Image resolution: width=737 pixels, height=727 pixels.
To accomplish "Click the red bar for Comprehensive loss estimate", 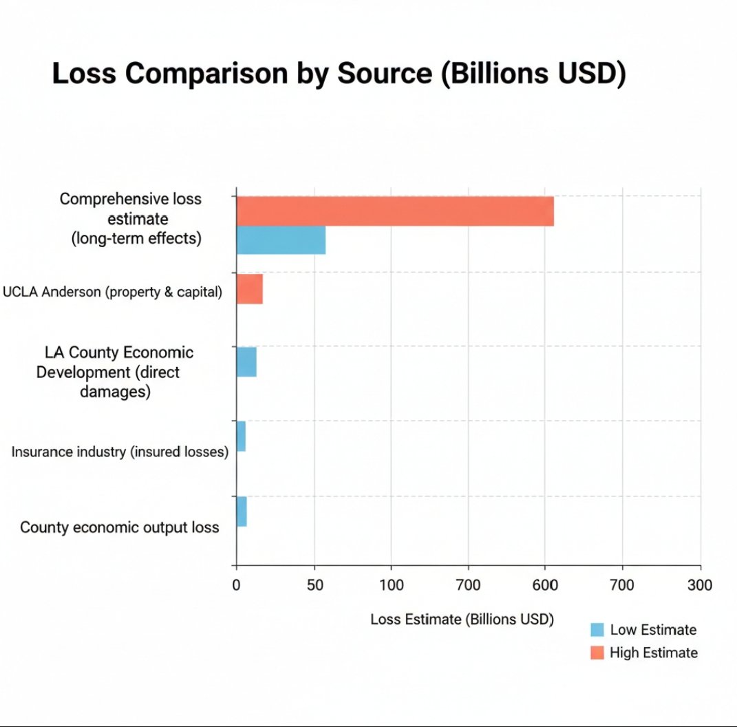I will (395, 211).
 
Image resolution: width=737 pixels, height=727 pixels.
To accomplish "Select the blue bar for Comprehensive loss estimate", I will (281, 240).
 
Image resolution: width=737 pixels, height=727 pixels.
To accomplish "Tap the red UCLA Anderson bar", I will (249, 288).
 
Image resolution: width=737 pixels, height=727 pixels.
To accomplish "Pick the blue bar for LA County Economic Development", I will (246, 362).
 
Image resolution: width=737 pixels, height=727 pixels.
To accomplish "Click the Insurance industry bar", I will (241, 436).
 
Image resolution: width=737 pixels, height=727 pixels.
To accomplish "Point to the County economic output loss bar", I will (242, 512).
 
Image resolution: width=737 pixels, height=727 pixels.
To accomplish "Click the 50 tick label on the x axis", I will (314, 585).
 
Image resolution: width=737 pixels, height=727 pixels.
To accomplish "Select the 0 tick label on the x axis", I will (236, 585).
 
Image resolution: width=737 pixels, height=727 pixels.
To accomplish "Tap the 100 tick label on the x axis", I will (391, 585).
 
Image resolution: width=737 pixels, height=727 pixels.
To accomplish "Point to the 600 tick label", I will (545, 585).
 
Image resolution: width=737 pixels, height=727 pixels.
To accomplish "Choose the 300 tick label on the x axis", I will (701, 585).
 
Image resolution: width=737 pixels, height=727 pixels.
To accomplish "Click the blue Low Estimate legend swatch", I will (597, 630).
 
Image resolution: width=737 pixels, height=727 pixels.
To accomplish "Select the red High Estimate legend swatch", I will (597, 653).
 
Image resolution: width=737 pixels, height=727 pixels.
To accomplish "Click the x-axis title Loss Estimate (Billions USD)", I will (462, 619).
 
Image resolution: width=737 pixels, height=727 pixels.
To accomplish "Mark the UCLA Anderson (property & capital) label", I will (113, 292).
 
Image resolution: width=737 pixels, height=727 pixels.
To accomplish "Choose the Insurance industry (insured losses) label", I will (120, 452).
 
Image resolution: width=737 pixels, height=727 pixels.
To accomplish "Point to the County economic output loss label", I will (120, 527).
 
